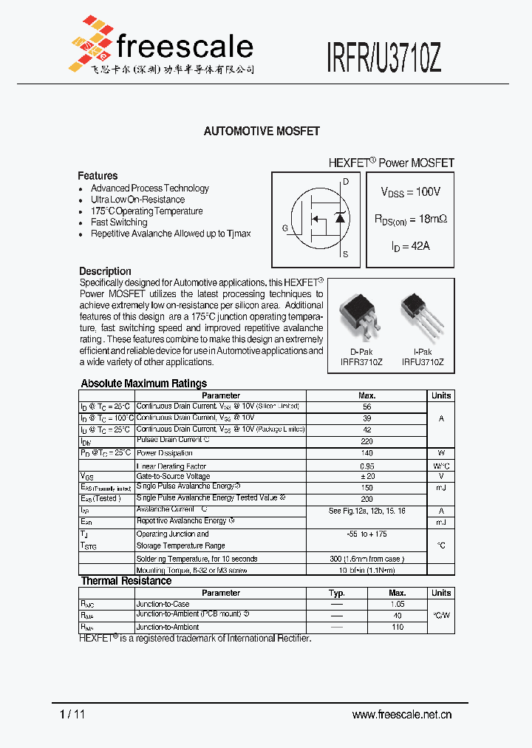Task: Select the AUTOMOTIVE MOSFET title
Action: (262, 131)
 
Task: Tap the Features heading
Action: (98, 176)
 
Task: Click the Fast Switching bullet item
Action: (119, 222)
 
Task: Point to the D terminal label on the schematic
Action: (346, 181)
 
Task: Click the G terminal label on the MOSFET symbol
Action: (285, 228)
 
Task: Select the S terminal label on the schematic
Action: (345, 254)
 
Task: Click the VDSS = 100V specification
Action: (410, 192)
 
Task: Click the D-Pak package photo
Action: (361, 319)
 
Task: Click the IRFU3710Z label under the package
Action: (423, 362)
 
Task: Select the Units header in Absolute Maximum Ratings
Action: (441, 395)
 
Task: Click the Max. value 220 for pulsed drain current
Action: (367, 441)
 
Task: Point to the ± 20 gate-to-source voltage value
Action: (367, 477)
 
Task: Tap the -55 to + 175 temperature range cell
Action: (367, 534)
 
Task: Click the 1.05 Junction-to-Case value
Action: (398, 604)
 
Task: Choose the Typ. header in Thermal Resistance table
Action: (337, 593)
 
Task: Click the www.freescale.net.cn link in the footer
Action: (402, 714)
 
